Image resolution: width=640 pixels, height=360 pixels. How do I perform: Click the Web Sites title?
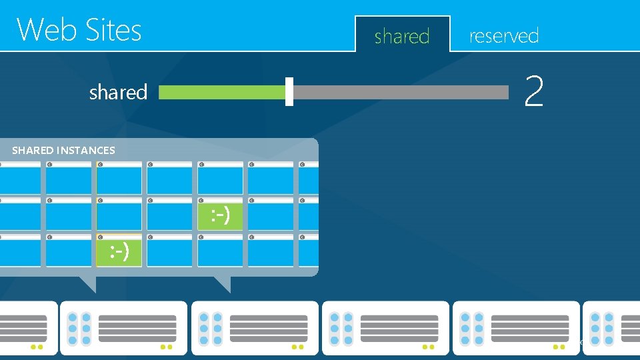pos(79,30)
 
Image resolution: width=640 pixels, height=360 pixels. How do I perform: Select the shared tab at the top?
pos(402,36)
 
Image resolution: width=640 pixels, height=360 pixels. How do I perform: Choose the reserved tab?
pos(504,35)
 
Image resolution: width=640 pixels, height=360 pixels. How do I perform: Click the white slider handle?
pos(289,92)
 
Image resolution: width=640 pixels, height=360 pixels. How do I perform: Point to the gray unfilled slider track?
pos(400,92)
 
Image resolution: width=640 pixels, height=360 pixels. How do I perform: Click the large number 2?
pos(533,91)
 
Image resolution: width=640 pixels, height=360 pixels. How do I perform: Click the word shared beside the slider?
pos(118,92)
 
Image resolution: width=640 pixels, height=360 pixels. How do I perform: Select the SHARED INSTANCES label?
pos(63,150)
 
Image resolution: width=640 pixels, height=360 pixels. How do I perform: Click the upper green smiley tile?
pos(221,215)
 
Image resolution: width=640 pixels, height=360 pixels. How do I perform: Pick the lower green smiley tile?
pos(119,251)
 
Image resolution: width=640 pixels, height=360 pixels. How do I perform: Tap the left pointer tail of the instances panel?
pos(87,283)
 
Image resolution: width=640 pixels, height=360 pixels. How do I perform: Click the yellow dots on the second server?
pos(166,347)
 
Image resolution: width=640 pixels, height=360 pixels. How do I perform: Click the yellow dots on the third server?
pos(297,347)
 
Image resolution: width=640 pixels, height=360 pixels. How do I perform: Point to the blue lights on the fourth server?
pos(341,329)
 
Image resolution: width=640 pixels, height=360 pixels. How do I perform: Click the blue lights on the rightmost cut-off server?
pos(602,329)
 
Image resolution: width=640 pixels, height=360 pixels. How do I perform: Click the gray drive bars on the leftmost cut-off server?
pos(23,329)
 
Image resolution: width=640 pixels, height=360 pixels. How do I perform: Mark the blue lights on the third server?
pos(210,329)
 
